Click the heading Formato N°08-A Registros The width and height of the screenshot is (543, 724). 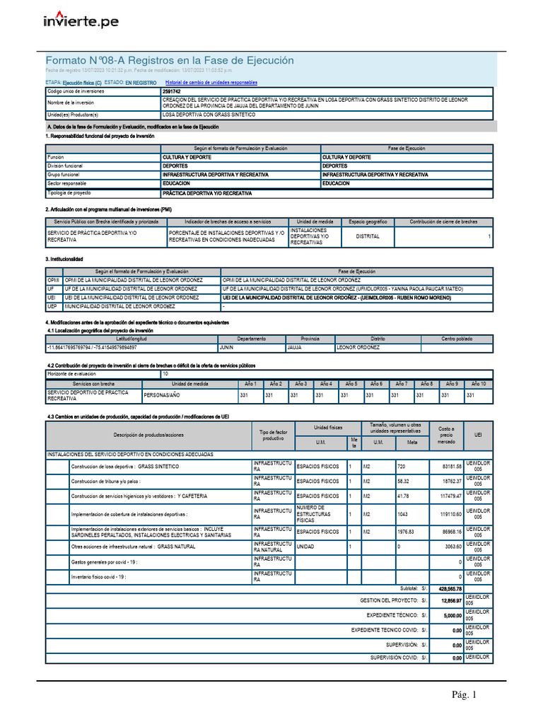[169, 61]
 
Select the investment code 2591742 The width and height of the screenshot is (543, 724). [171, 92]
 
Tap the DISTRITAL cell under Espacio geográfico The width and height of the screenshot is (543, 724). [367, 236]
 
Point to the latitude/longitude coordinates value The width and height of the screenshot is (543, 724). [92, 347]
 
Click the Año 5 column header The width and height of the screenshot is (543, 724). [351, 383]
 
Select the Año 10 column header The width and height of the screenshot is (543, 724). [479, 383]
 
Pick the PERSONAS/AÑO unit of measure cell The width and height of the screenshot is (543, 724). [163, 395]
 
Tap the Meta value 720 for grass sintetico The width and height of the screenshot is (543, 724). [402, 467]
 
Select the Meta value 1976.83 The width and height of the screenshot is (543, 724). [407, 531]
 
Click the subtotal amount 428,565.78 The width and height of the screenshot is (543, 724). [450, 588]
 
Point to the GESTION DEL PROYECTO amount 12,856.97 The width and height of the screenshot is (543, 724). [450, 600]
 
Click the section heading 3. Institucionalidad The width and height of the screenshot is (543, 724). [64, 259]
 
